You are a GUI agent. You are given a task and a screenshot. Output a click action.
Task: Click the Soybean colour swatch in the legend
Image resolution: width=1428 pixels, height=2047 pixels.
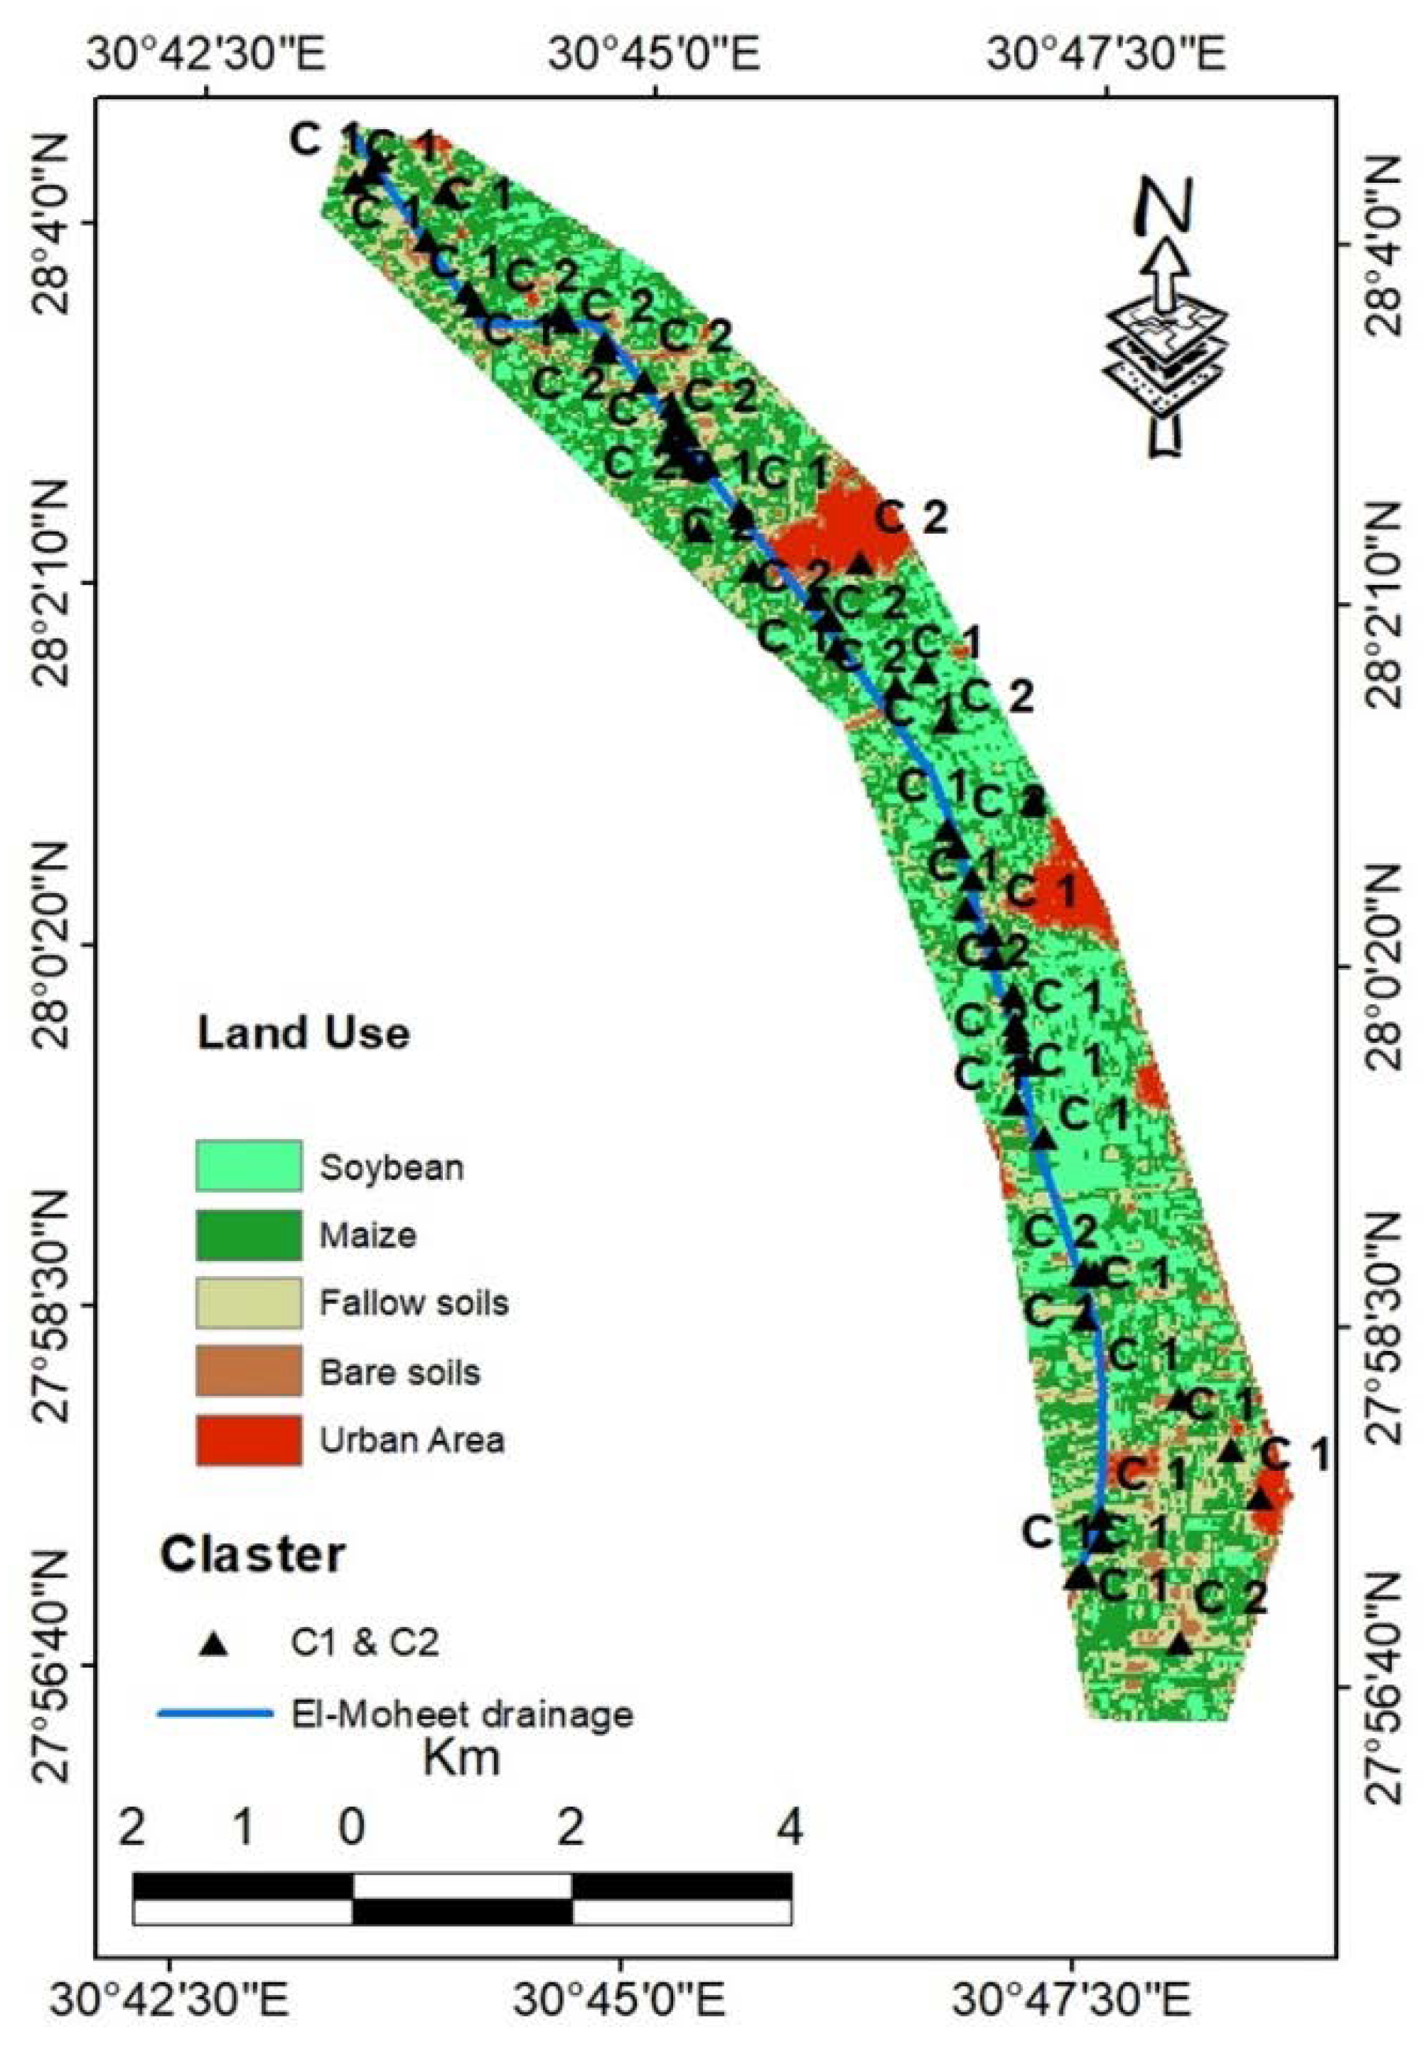coord(247,1165)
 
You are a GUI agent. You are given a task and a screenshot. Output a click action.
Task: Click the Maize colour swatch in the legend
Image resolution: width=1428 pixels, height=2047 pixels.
coord(247,1234)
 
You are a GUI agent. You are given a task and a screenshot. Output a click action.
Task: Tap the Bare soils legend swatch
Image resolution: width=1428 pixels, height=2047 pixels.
coord(247,1370)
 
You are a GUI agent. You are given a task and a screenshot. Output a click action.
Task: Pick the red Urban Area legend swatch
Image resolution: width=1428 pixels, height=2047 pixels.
coord(247,1439)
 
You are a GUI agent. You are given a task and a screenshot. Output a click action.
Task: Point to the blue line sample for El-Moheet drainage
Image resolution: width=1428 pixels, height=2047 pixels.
coord(214,1713)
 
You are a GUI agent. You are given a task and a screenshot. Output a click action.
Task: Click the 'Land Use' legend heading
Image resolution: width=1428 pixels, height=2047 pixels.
coord(303,1033)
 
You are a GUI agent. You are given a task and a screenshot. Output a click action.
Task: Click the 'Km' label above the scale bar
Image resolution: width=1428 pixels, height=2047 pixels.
coord(461,1759)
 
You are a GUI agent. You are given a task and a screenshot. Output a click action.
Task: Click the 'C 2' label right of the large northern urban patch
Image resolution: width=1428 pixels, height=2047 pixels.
coord(910,518)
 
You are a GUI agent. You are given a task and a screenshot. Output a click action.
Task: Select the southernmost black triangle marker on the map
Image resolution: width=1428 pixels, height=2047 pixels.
coord(1179,1643)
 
